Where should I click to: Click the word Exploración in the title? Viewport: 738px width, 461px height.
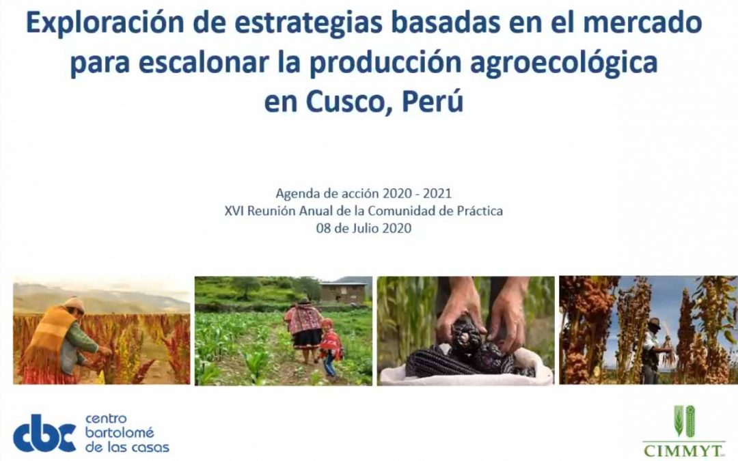(x=105, y=23)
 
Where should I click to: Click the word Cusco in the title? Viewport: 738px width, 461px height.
(x=349, y=101)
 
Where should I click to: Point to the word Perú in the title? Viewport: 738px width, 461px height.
(x=433, y=101)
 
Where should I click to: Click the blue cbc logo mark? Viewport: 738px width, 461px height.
(x=44, y=433)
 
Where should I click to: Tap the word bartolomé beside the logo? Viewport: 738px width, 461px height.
(x=120, y=433)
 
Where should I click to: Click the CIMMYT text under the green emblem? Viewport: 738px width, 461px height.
(x=683, y=450)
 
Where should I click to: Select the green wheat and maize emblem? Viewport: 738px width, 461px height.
(x=684, y=421)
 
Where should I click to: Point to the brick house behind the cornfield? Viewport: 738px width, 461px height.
(x=342, y=292)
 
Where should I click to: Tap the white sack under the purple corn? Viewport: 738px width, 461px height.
(x=465, y=370)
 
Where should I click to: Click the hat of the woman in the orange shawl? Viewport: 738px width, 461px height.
(x=74, y=305)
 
